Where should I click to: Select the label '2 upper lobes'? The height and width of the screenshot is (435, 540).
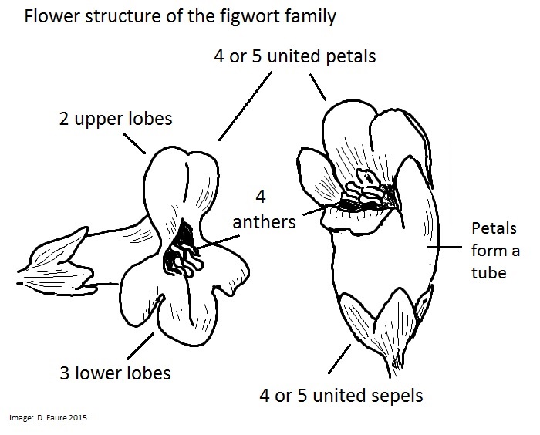(x=116, y=120)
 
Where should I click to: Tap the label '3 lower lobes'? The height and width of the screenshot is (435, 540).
(x=115, y=373)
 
